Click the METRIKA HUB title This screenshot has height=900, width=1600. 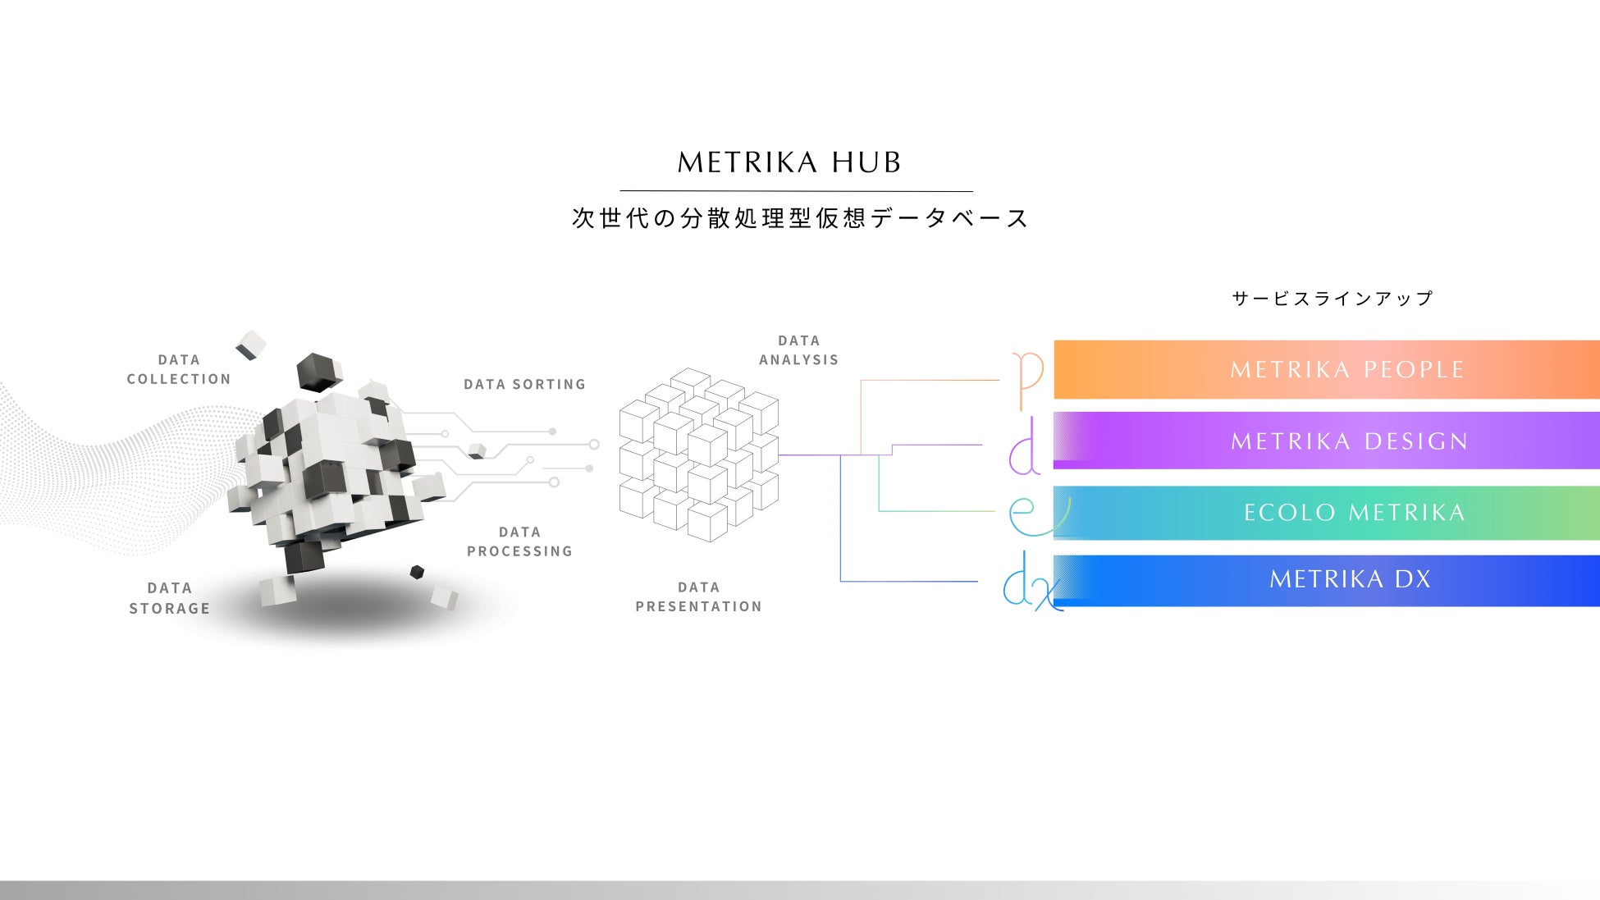click(789, 162)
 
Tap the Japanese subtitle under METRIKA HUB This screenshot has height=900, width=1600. click(800, 218)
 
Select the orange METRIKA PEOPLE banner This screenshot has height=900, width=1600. click(1327, 370)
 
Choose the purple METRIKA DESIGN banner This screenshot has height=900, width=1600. click(1327, 441)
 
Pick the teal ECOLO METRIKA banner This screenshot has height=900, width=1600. click(1327, 513)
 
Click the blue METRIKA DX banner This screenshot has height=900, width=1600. click(1327, 580)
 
